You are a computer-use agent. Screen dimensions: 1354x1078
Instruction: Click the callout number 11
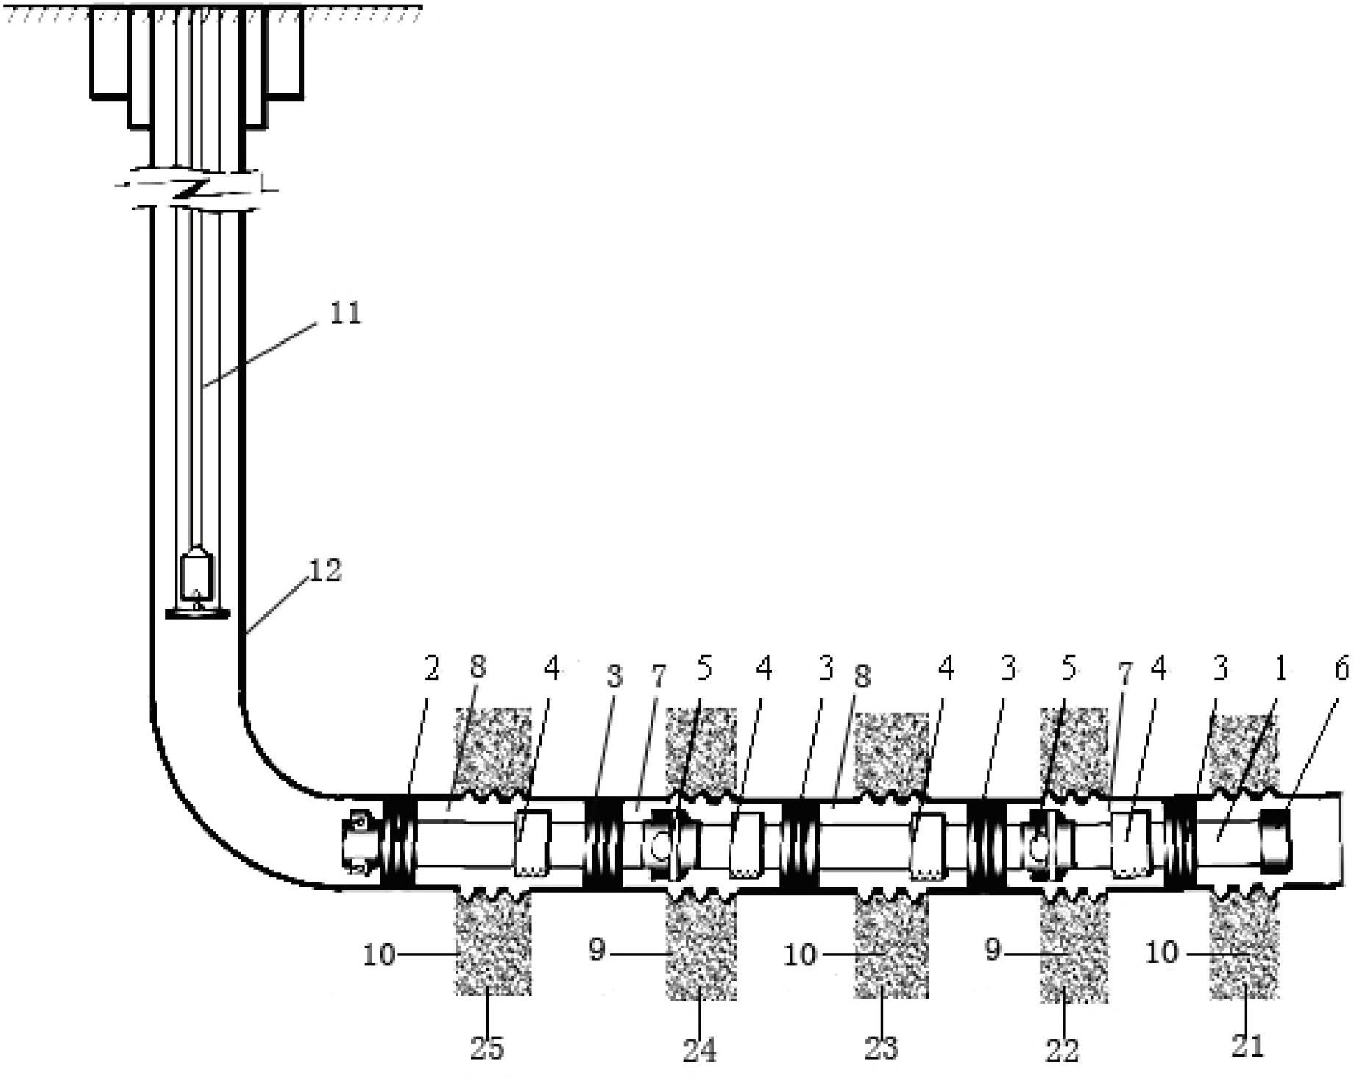coord(345,312)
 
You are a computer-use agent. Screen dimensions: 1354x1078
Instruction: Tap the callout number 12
coord(325,570)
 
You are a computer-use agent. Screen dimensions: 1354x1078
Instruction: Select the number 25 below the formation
coord(487,1046)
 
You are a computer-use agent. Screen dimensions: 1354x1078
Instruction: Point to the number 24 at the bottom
coord(699,1049)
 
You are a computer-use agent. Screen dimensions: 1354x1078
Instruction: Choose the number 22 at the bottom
coord(1062,1049)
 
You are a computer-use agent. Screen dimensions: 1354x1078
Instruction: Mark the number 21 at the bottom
coord(1247,1045)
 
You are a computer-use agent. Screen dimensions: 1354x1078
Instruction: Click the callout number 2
coord(431,668)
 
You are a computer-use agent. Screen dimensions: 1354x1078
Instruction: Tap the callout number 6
coord(1341,669)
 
